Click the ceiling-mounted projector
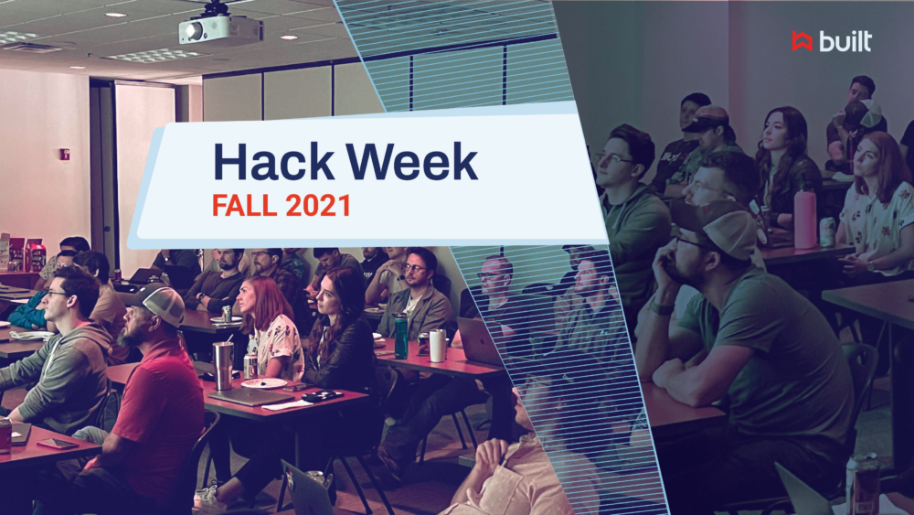click(x=219, y=28)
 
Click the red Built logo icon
click(x=802, y=40)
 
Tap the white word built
click(x=845, y=41)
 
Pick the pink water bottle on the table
click(x=805, y=219)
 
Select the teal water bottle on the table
click(x=400, y=336)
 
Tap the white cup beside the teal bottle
click(x=438, y=345)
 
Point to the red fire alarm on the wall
click(x=65, y=154)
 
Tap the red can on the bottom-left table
click(x=5, y=434)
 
